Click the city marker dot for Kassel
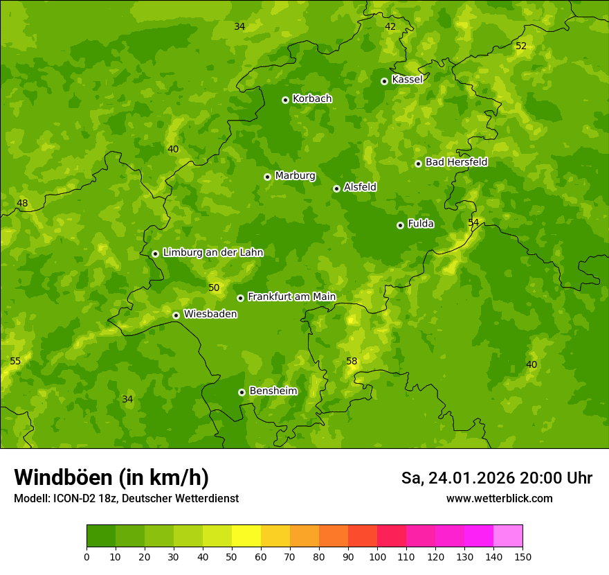pyautogui.click(x=384, y=81)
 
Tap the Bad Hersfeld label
pyautogui.click(x=456, y=162)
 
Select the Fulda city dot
pyautogui.click(x=400, y=225)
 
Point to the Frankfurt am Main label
pyautogui.click(x=291, y=297)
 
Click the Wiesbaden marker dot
pyautogui.click(x=176, y=315)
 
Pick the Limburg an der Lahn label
pyautogui.click(x=212, y=252)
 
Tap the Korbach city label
pyautogui.click(x=312, y=98)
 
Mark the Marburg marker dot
pyautogui.click(x=267, y=177)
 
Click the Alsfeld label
pyautogui.click(x=360, y=187)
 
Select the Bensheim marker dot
pyautogui.click(x=242, y=392)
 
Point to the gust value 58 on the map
pyautogui.click(x=352, y=361)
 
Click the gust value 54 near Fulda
pyautogui.click(x=473, y=222)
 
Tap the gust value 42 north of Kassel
pyautogui.click(x=390, y=26)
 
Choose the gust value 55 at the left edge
pyautogui.click(x=15, y=361)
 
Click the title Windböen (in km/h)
pyautogui.click(x=111, y=477)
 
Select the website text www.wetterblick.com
pyautogui.click(x=499, y=498)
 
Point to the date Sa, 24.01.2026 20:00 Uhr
pyautogui.click(x=496, y=478)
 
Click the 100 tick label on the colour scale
pyautogui.click(x=377, y=556)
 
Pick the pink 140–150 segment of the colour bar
pyautogui.click(x=508, y=536)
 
